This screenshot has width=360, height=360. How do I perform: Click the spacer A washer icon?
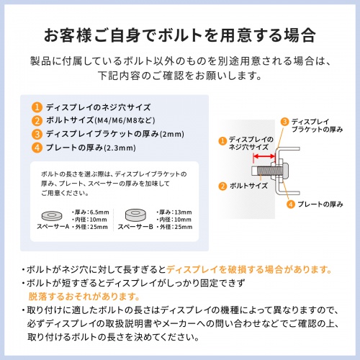point(53,214)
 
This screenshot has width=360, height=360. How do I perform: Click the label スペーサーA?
point(53,227)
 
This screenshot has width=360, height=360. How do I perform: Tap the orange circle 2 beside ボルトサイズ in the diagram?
point(222,186)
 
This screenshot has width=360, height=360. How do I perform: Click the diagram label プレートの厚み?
point(320,204)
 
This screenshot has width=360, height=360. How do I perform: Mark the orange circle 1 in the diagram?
point(222,142)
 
